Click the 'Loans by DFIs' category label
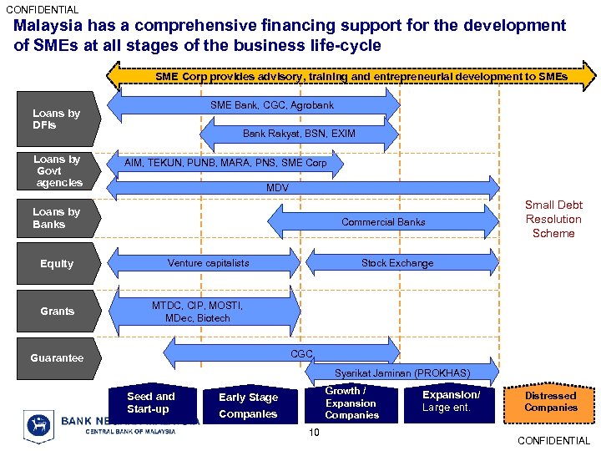coord(56,119)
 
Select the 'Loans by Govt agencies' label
coord(58,170)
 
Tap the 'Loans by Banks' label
coord(56,218)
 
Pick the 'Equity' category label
coord(57,264)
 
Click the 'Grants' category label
coord(57,312)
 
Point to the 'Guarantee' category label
coord(57,358)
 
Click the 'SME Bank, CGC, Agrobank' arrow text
coord(271,105)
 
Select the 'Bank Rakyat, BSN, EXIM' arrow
coord(298,134)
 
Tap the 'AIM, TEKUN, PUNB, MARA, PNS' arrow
coord(225,164)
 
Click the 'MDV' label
coord(277,189)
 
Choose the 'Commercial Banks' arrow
coord(382,222)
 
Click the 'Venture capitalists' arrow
coord(208,263)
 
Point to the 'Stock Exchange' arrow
coord(397,263)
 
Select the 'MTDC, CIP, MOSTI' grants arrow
coord(198,312)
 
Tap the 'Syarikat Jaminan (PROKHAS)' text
coord(402,372)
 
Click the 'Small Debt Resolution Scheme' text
coord(553,219)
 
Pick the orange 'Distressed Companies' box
coord(550,402)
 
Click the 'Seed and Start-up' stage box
coord(151,403)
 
